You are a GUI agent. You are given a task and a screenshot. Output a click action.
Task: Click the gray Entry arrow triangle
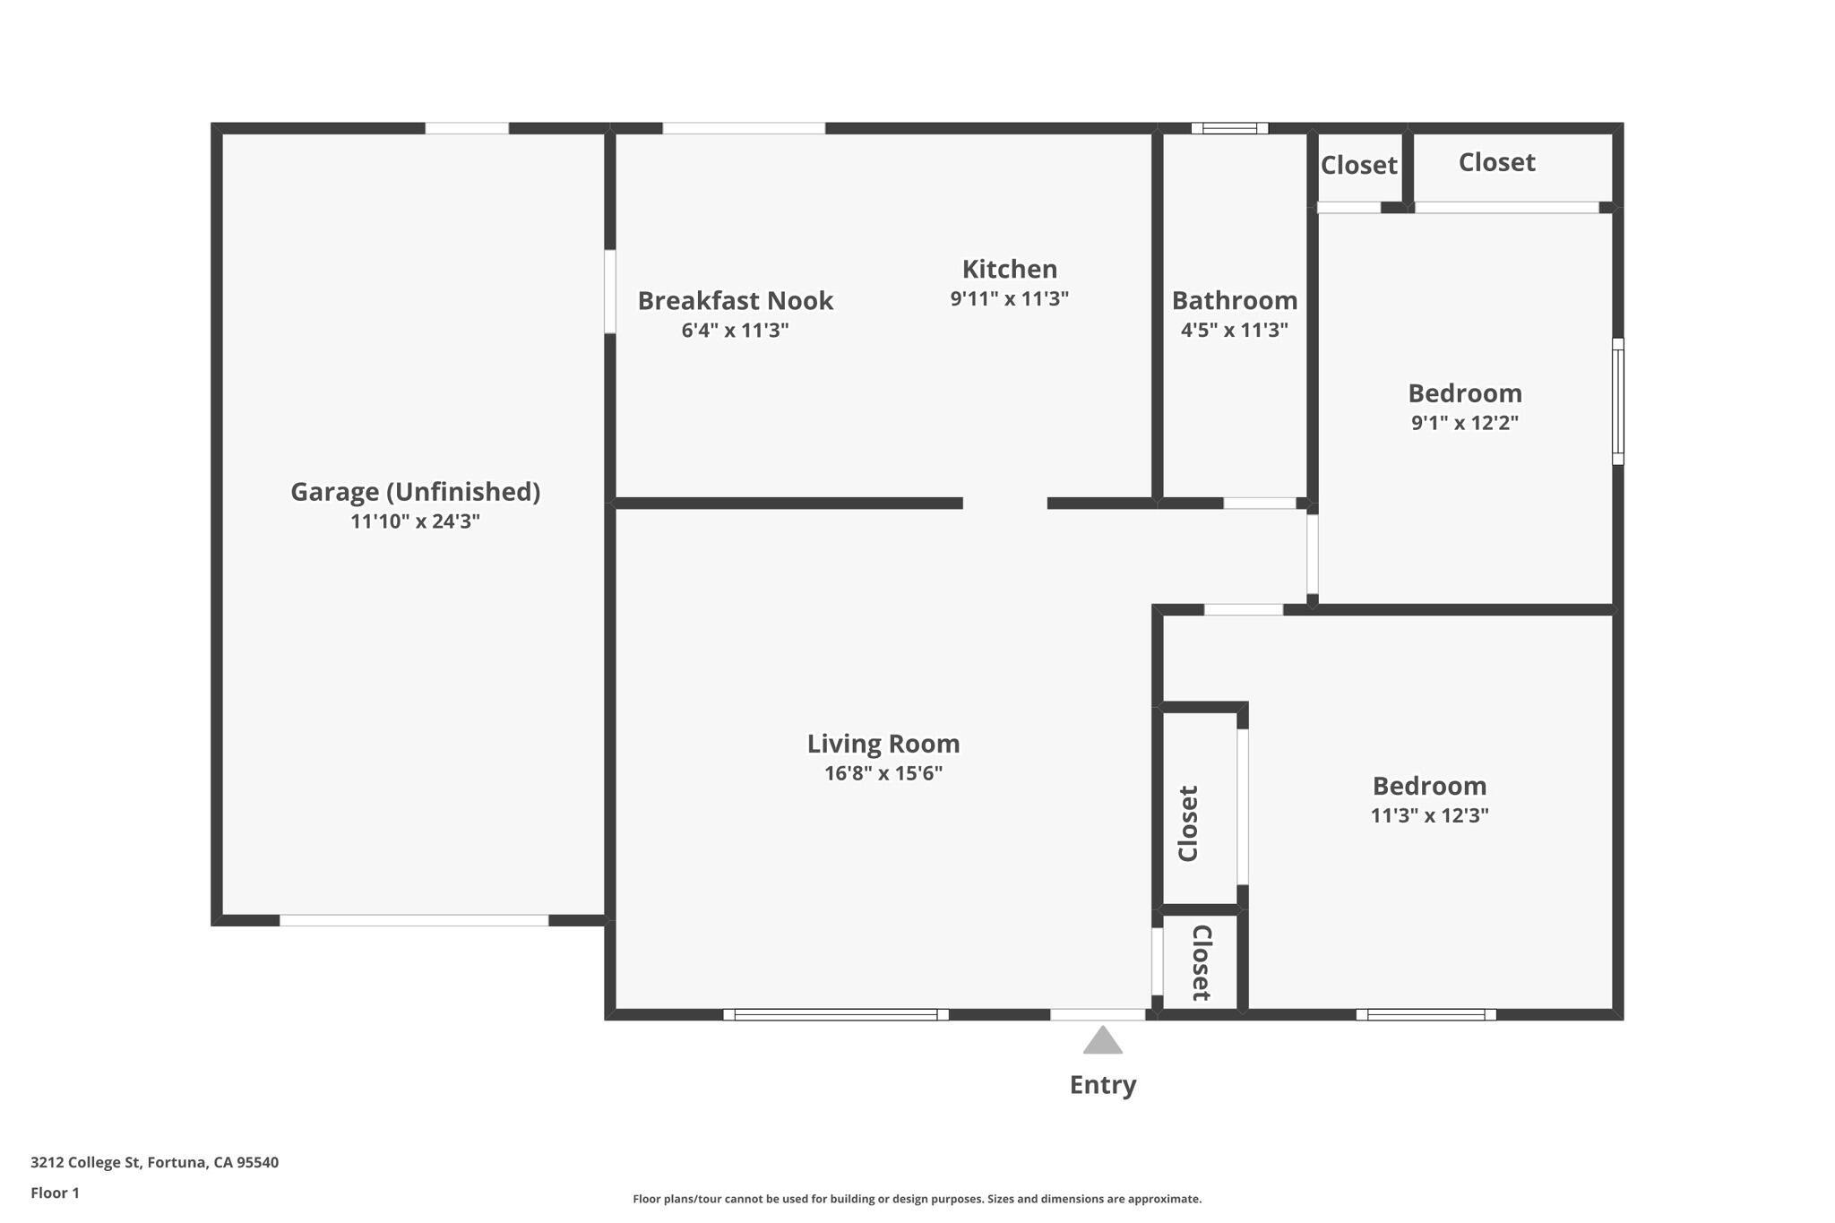click(1102, 1041)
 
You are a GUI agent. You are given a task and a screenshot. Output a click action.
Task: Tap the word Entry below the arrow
click(1103, 1085)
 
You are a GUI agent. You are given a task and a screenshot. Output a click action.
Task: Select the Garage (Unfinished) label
click(416, 492)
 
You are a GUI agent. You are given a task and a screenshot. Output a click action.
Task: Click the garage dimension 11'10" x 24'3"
click(416, 521)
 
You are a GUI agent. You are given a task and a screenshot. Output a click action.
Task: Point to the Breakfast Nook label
click(736, 300)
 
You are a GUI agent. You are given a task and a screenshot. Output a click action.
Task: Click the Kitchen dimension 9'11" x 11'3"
click(1010, 298)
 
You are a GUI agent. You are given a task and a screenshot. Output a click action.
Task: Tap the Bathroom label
click(1235, 300)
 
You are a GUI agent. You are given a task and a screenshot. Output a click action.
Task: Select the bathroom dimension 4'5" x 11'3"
click(1235, 330)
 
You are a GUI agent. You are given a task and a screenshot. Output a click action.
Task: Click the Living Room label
click(883, 744)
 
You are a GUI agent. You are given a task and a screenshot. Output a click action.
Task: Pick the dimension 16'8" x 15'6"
click(883, 773)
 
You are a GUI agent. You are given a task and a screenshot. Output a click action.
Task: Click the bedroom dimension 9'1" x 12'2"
click(1465, 423)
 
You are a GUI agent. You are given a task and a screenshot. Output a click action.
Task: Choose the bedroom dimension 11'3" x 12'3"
click(1430, 815)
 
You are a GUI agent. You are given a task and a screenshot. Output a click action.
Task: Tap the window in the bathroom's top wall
click(1229, 128)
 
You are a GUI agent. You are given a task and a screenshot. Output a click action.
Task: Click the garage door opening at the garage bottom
click(414, 920)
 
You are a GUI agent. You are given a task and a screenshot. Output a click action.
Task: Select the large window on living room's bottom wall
click(836, 1014)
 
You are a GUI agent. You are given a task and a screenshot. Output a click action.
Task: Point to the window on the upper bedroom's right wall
click(1618, 401)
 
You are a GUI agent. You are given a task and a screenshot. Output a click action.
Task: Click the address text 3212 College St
click(86, 1163)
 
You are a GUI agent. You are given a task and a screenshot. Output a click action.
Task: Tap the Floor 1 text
click(55, 1193)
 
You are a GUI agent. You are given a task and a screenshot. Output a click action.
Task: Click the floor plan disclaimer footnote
click(917, 1199)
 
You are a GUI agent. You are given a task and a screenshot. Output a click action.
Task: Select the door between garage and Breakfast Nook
click(610, 291)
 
